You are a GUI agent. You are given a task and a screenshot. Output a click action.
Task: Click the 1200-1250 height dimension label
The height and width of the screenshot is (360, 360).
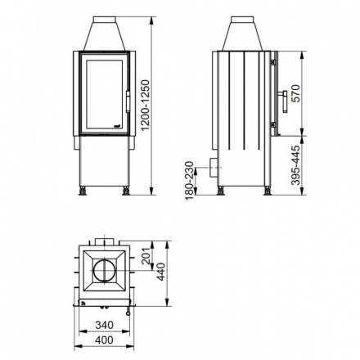point(146,106)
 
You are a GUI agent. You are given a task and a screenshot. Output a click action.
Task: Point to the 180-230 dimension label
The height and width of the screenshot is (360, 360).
point(191,177)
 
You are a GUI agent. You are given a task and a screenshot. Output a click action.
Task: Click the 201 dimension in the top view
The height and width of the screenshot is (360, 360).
point(146,258)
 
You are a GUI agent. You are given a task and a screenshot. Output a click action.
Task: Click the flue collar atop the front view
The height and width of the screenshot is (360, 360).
point(105,33)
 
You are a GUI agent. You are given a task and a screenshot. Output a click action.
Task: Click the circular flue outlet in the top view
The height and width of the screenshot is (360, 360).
point(104,271)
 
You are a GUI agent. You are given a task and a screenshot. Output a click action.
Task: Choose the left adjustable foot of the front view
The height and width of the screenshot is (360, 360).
point(83,191)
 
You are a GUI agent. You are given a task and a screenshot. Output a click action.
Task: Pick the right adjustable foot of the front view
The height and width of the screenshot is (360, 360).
point(125,191)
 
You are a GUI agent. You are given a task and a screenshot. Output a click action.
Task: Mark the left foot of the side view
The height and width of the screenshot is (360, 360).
point(220,191)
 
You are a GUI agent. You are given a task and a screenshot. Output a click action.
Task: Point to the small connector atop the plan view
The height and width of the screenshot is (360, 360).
point(103,242)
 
